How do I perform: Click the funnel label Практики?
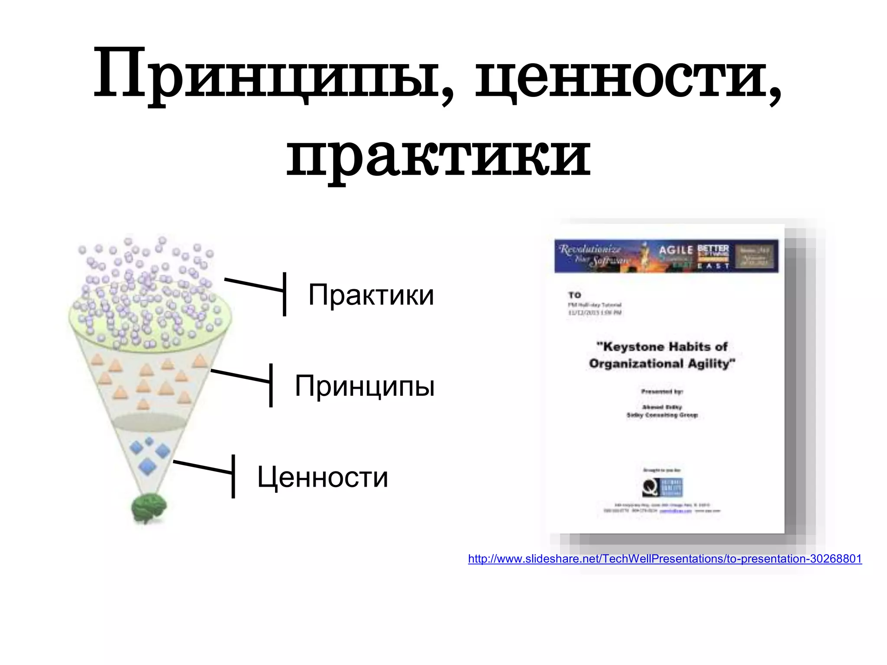pos(371,295)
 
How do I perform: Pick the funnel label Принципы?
pos(365,386)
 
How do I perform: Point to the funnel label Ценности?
pos(323,477)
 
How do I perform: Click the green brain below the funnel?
pos(149,507)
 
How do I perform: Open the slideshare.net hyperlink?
pos(665,559)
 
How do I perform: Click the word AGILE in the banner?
pos(676,250)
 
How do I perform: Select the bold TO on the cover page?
pos(575,295)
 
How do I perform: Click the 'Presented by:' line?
pos(662,391)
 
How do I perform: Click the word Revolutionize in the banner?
pos(590,249)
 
